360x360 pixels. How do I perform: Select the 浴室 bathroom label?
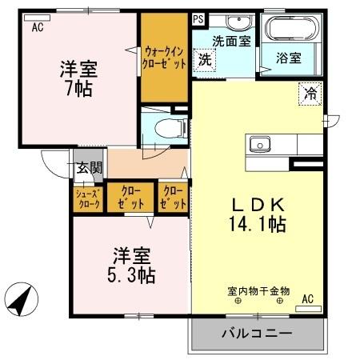tap(289, 58)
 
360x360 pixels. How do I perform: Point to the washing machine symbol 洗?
tap(206, 58)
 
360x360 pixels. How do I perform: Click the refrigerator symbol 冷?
tap(309, 94)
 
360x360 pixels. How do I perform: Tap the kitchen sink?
tap(259, 144)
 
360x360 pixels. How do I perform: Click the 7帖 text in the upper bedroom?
tap(78, 88)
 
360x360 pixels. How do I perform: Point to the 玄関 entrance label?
tap(89, 168)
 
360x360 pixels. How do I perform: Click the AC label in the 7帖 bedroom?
tap(38, 27)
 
